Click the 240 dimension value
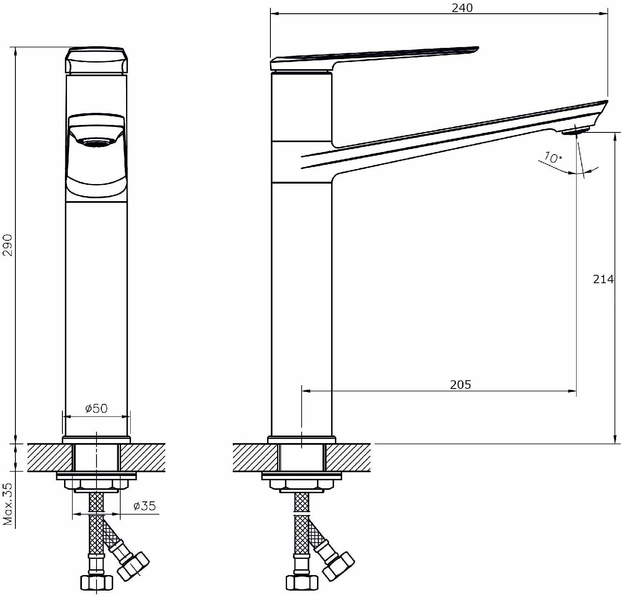tap(462, 8)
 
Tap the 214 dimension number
tap(603, 279)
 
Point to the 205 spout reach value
tap(461, 384)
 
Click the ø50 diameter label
tap(97, 408)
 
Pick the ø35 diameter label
tap(144, 506)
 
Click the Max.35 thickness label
tap(8, 503)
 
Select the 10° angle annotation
tap(552, 157)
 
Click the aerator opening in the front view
tap(96, 143)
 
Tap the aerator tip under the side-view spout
tap(575, 131)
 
